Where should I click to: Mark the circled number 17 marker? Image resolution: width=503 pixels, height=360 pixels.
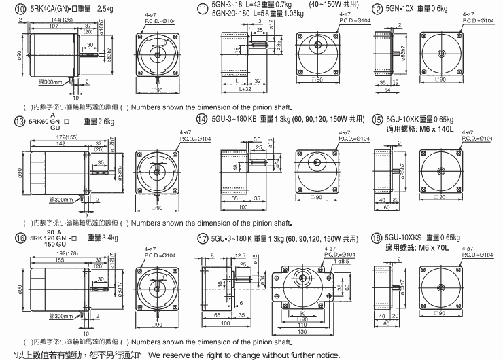tap(202, 238)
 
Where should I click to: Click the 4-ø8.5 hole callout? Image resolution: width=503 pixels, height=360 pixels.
tap(339, 261)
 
